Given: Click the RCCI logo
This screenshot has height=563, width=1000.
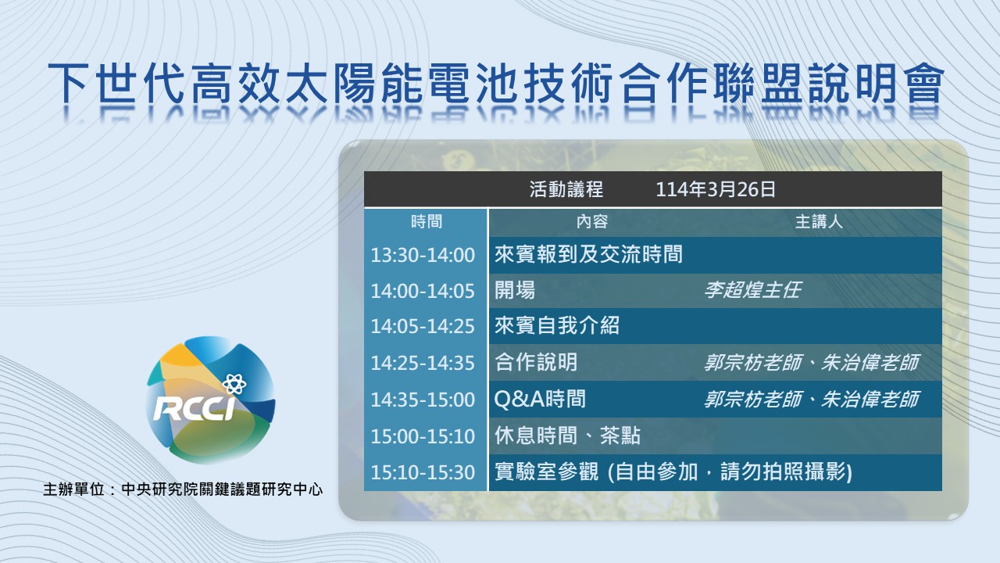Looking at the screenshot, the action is coord(211,400).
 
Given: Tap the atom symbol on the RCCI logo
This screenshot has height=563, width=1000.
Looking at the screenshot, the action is coord(234,383).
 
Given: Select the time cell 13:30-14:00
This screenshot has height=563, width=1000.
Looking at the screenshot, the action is coord(423,256).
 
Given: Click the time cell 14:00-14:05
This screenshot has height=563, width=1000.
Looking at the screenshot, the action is coord(423,292).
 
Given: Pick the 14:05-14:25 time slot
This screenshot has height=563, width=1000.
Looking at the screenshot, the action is coord(423,327).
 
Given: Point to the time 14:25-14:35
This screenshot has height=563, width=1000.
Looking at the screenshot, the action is coord(423,364).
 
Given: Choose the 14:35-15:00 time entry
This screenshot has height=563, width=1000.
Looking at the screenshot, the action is coord(423,400).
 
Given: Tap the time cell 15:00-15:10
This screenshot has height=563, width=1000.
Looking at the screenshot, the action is coord(423,436).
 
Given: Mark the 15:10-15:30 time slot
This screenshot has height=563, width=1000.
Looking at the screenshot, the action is coord(423,473).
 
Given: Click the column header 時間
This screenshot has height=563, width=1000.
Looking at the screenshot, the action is coord(427,221).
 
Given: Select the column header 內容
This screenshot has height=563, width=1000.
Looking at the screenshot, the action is coord(592,221).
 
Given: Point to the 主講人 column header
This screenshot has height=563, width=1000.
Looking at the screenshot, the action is coord(819,221).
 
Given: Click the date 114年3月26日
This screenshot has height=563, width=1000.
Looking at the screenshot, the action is coord(715,189).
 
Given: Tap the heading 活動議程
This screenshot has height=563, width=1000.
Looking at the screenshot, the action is coord(566,189).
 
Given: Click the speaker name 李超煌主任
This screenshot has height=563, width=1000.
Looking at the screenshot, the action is coord(752,290).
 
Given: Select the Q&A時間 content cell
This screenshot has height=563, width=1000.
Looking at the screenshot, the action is coord(540,399).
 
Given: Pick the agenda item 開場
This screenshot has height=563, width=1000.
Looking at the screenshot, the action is coord(515,290).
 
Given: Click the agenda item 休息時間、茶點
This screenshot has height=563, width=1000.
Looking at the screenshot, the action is coord(567,436).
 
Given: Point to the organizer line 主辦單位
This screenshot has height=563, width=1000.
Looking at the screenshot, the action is coord(183,489).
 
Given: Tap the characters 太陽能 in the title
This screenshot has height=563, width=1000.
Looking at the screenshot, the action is coord(354,84).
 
